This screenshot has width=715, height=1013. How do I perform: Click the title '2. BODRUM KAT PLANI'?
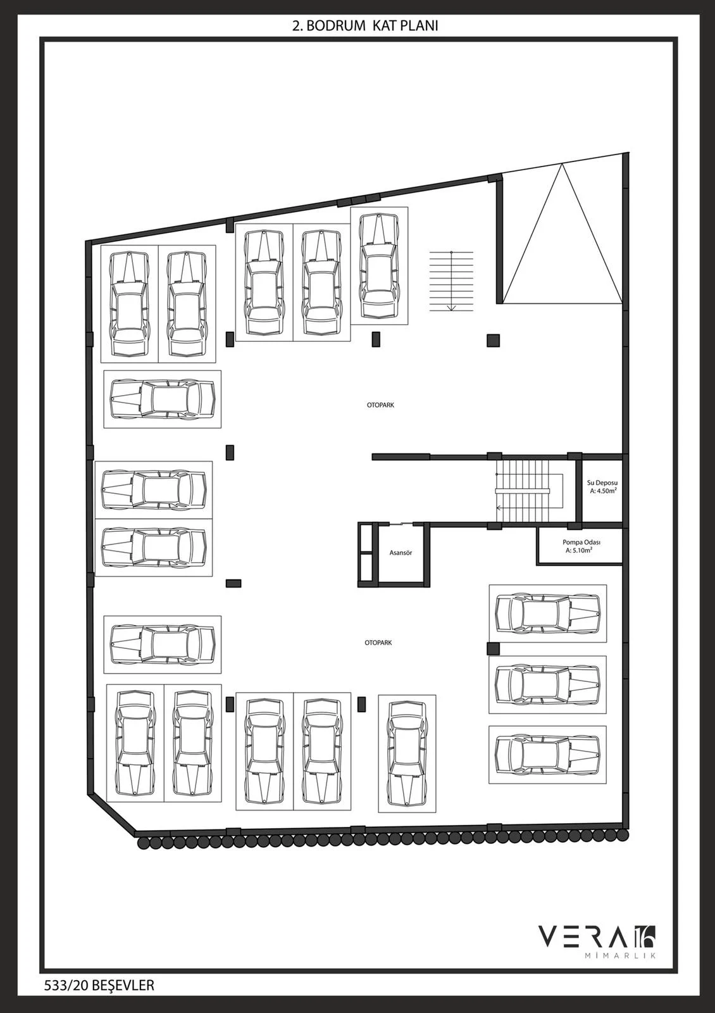pyautogui.click(x=364, y=26)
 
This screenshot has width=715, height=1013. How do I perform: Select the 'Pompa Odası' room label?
pyautogui.click(x=581, y=542)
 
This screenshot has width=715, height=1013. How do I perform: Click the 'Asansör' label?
pyautogui.click(x=401, y=553)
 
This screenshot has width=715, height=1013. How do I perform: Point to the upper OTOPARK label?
pyautogui.click(x=380, y=405)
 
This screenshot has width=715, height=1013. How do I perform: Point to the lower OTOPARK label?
pyautogui.click(x=378, y=643)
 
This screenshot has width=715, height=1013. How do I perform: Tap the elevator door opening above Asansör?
pyautogui.click(x=401, y=524)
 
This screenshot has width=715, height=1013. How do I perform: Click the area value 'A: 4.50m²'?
pyautogui.click(x=603, y=491)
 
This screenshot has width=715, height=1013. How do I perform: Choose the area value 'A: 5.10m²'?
pyautogui.click(x=579, y=550)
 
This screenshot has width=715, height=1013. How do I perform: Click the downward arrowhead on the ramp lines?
pyautogui.click(x=451, y=308)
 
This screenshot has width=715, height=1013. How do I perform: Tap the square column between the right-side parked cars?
pyautogui.click(x=493, y=649)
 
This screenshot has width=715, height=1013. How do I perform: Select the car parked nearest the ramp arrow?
pyautogui.click(x=379, y=266)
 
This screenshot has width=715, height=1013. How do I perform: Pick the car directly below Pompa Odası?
pyautogui.click(x=548, y=613)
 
